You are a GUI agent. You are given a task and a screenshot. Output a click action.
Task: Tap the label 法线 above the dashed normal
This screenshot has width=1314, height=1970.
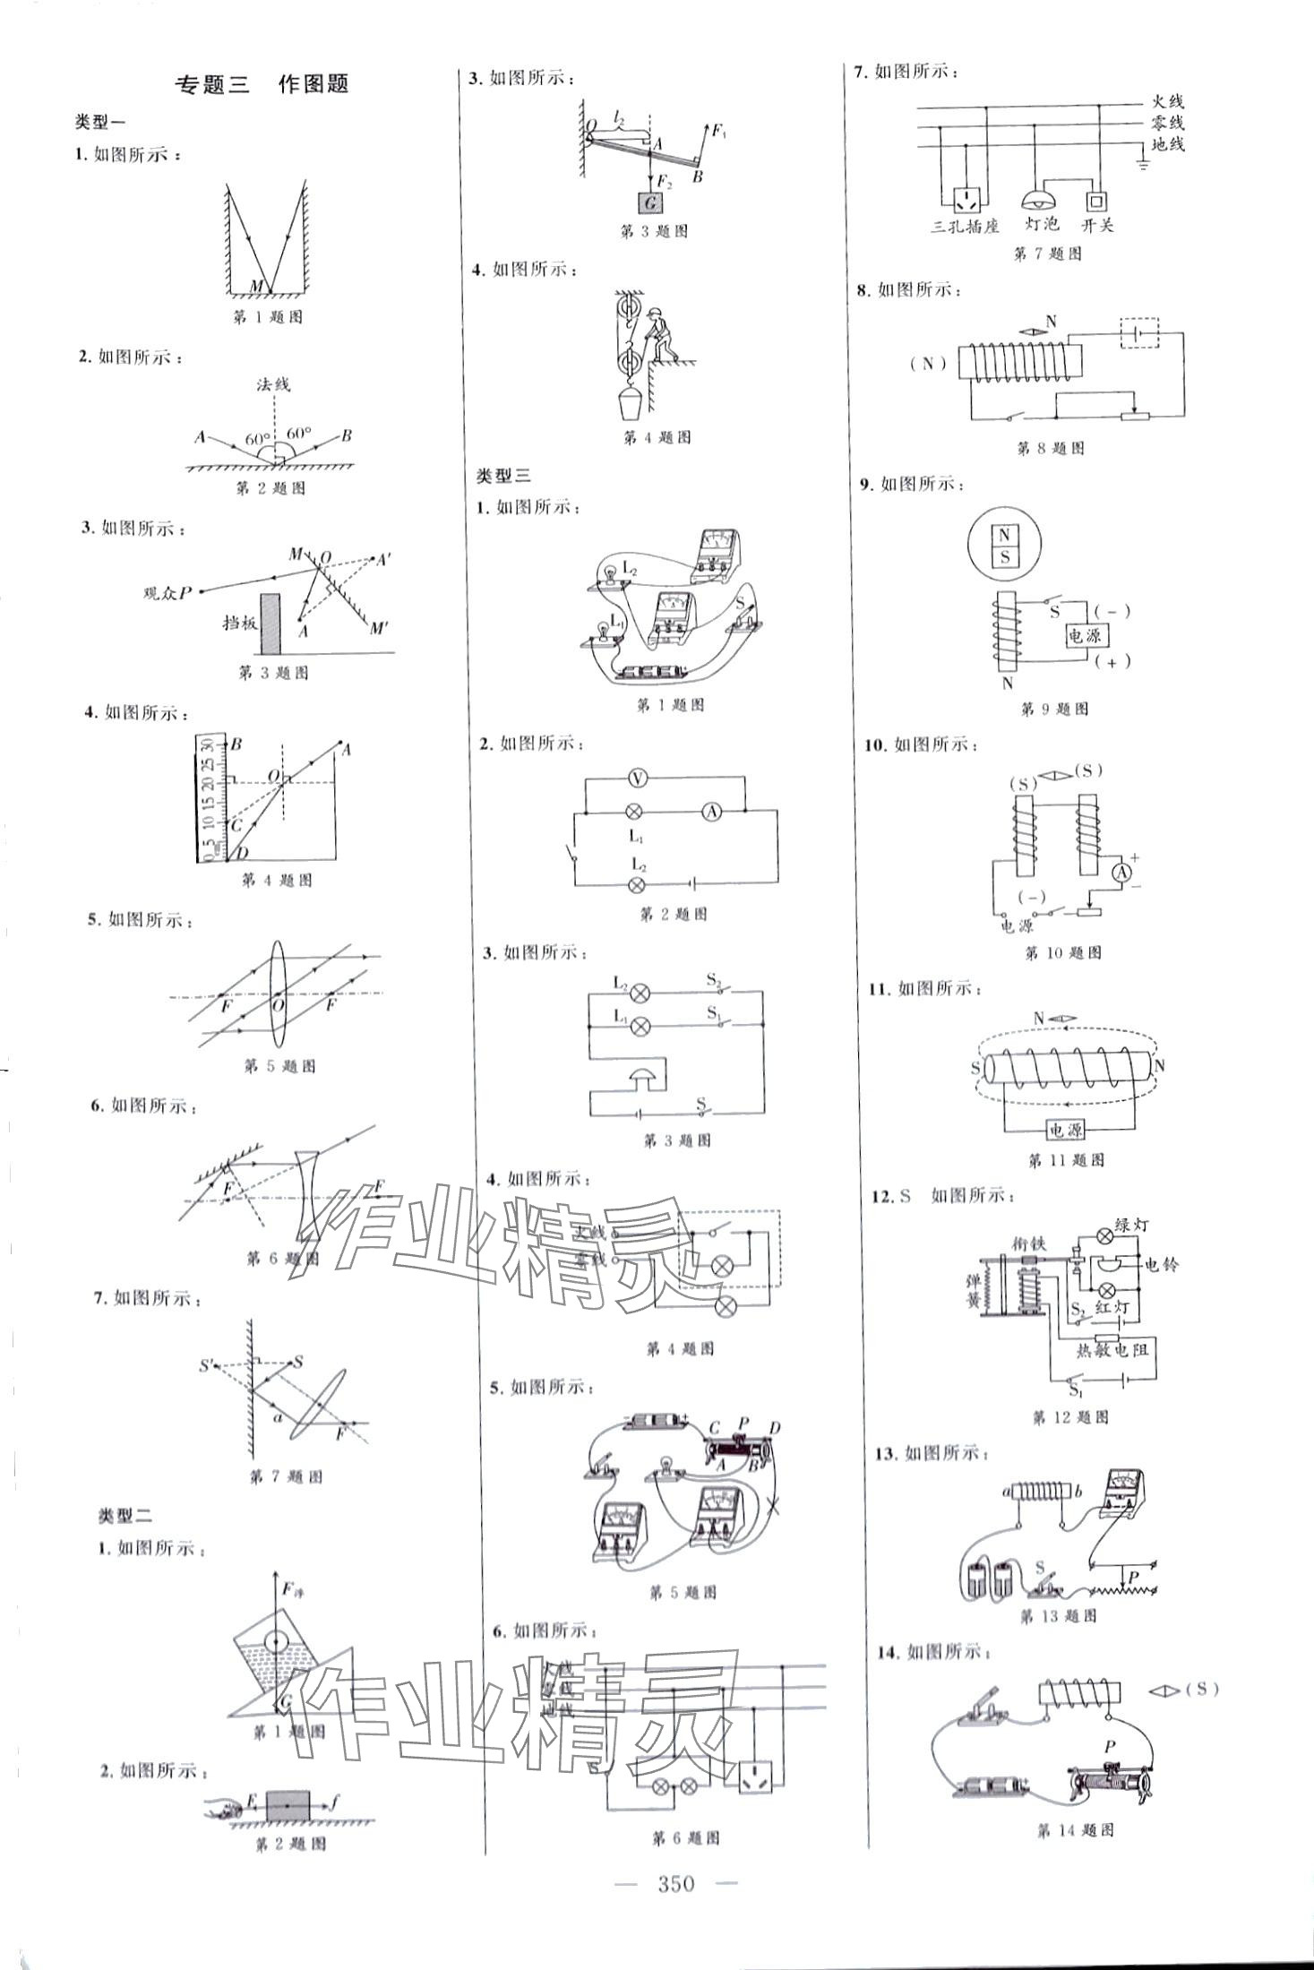pos(273,384)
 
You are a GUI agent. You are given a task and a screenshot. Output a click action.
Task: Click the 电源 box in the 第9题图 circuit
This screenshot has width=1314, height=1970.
pos(1084,635)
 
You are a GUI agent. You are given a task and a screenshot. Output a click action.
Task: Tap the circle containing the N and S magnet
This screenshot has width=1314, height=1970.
pos(1004,546)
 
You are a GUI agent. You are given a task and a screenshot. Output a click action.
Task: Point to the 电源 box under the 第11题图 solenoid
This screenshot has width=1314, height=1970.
pos(1065,1131)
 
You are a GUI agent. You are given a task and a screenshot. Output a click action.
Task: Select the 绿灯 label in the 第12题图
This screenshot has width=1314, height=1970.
pos(1131,1225)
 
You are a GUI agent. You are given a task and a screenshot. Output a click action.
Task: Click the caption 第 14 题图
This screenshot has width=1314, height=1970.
pos(1075,1830)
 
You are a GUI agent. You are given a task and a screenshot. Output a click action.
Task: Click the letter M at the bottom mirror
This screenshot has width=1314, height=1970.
pos(257,285)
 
